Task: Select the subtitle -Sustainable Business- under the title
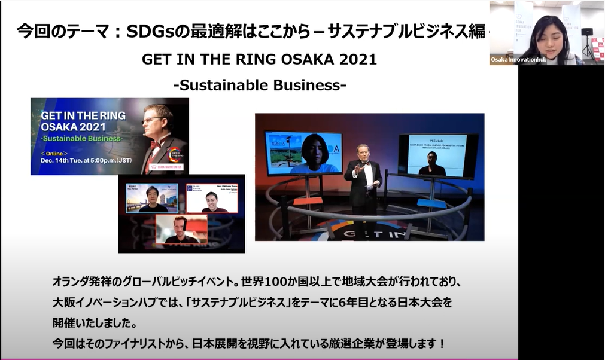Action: (259, 85)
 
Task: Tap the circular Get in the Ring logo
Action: (176, 157)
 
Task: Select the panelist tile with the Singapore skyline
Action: (152, 198)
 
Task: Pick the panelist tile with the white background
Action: (211, 198)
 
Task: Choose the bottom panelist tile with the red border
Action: (181, 228)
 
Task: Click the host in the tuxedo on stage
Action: (363, 176)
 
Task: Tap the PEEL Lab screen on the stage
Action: (438, 154)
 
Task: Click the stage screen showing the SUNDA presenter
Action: (303, 152)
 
